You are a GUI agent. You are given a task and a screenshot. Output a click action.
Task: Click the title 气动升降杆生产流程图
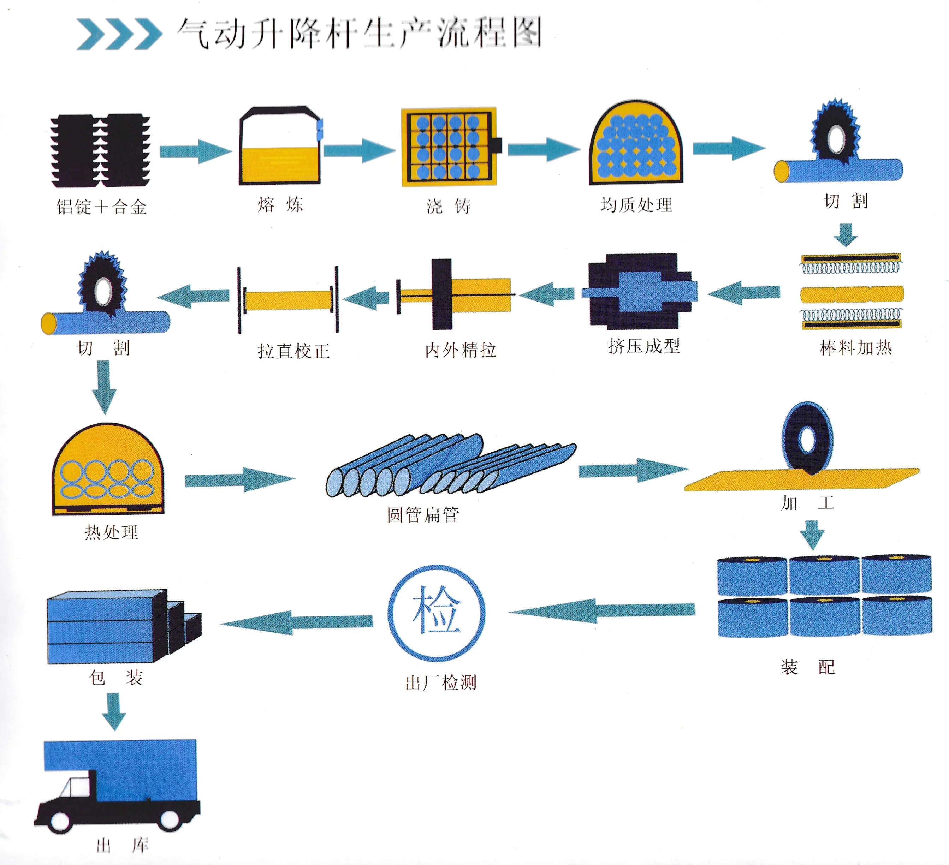coord(360,33)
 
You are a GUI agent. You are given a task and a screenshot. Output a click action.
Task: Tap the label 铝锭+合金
coord(102,207)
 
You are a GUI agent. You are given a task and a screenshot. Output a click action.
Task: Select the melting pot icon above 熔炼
coord(280,146)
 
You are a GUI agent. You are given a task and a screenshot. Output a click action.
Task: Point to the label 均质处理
coord(636,205)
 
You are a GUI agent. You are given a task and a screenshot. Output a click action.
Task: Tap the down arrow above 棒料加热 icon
coord(846,235)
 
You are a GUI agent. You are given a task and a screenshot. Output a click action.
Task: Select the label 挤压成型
coord(644,346)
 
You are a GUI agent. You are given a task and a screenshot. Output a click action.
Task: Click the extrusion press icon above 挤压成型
coord(640,291)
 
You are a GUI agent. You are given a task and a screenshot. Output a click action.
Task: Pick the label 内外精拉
coord(461,350)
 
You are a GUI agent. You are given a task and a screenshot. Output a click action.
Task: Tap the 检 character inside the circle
coord(437,610)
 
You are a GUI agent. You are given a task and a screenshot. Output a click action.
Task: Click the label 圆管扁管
coord(423,514)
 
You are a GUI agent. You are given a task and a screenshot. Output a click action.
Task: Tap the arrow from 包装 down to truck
coord(114,711)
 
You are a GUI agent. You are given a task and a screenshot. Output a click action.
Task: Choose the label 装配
coord(808,667)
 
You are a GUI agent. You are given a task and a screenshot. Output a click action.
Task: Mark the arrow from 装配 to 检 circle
coord(601,610)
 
